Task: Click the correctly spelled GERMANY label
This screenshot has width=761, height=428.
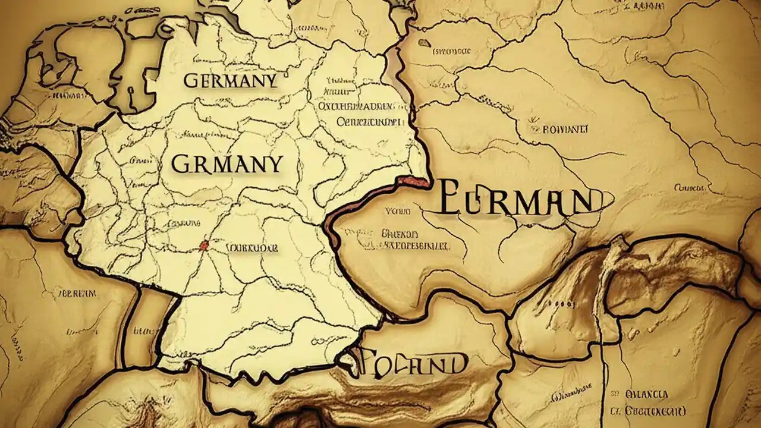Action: click(230, 81)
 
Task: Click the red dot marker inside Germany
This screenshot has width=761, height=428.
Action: click(205, 245)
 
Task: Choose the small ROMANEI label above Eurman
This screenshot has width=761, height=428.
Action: click(558, 128)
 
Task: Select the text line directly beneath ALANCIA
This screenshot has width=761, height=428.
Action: click(648, 411)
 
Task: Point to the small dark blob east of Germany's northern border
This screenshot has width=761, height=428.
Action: click(424, 43)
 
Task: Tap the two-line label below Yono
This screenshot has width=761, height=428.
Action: click(414, 239)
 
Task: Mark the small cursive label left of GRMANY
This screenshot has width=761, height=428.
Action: click(140, 160)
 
